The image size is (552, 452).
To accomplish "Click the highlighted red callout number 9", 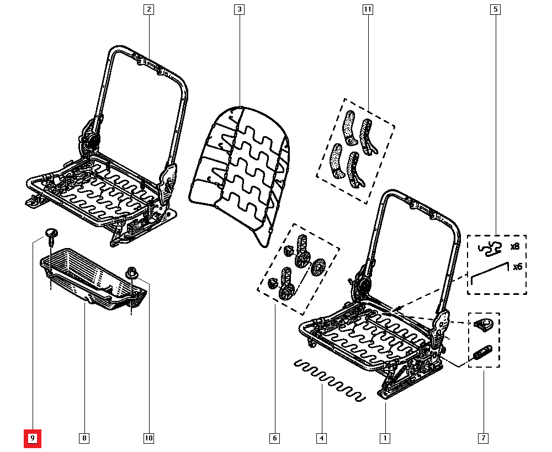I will pyautogui.click(x=33, y=438).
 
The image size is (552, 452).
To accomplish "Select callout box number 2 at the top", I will pyautogui.click(x=148, y=9).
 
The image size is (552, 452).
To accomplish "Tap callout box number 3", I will pyautogui.click(x=238, y=9).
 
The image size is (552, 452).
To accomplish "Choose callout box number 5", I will pyautogui.click(x=495, y=9).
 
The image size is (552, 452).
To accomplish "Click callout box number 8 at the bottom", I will pyautogui.click(x=83, y=438).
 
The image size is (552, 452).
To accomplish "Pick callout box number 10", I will pyautogui.click(x=148, y=438).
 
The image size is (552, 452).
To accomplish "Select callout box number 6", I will pyautogui.click(x=274, y=438).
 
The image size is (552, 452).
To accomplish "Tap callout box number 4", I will pyautogui.click(x=321, y=438).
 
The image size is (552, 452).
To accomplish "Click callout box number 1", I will pyautogui.click(x=385, y=438).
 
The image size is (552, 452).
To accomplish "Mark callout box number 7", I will pyautogui.click(x=483, y=438).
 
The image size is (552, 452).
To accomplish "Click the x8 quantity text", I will pyautogui.click(x=515, y=247).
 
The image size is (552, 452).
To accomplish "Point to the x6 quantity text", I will pyautogui.click(x=517, y=267).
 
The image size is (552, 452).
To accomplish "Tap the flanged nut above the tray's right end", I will pyautogui.click(x=132, y=272).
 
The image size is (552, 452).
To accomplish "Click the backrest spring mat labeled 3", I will pyautogui.click(x=240, y=165).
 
